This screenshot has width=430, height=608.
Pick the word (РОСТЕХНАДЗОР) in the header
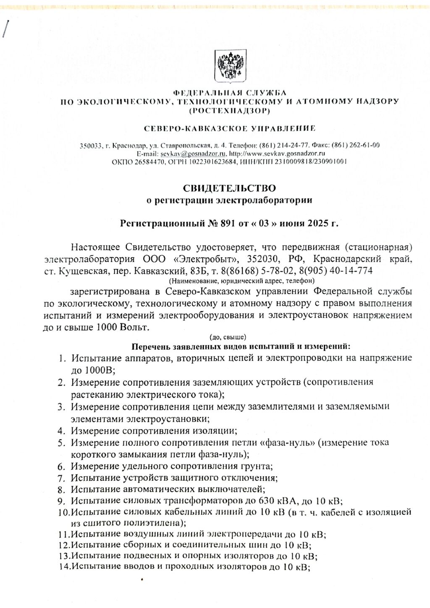229,111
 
